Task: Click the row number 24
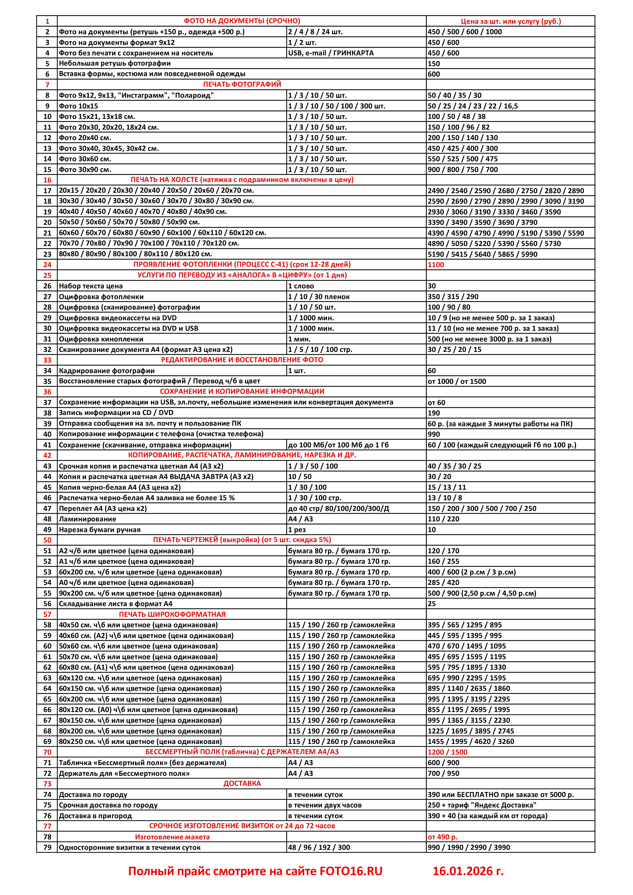47,265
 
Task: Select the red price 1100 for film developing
436,265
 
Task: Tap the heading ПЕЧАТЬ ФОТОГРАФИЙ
242,84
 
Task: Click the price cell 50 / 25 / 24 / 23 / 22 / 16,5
472,106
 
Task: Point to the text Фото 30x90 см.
85,169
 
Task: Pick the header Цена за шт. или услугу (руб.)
510,21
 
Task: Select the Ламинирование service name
87,519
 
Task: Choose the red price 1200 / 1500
447,752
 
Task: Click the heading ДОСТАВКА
242,783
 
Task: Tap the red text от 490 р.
442,837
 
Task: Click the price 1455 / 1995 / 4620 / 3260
471,741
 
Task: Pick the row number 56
47,604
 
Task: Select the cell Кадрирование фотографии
106,371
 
